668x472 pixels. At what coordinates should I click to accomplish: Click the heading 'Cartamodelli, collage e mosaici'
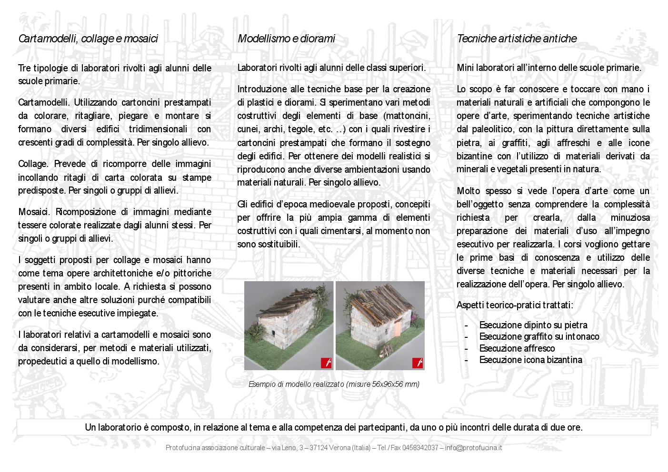tap(88, 39)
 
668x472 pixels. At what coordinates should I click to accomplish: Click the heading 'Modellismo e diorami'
tap(286, 39)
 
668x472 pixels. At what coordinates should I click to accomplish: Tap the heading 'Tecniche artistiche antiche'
tap(517, 39)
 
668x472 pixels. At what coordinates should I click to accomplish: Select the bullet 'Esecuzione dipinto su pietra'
tap(533, 325)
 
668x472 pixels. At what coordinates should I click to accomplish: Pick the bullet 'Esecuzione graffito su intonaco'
tap(539, 337)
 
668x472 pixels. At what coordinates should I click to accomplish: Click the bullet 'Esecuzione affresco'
tap(517, 348)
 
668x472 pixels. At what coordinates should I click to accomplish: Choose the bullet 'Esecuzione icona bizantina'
tap(530, 360)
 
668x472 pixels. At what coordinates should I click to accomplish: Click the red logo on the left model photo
tap(326, 363)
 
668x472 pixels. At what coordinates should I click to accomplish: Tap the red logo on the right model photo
tap(418, 363)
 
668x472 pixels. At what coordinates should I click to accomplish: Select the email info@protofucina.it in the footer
tap(473, 448)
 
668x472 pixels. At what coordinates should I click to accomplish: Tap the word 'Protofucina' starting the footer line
tap(183, 448)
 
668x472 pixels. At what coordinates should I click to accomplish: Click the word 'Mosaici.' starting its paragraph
tap(34, 212)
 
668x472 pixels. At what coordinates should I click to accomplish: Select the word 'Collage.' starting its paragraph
tap(33, 164)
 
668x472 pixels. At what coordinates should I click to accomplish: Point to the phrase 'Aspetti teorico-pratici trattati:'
tap(515, 305)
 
